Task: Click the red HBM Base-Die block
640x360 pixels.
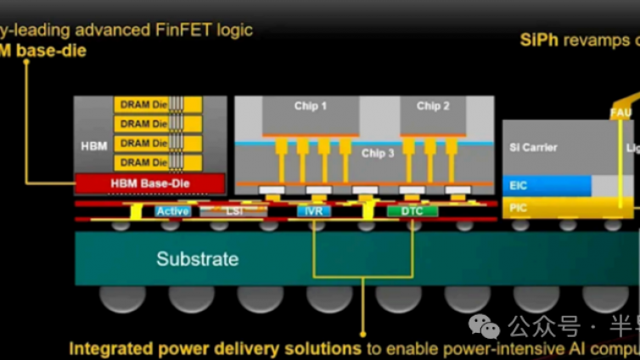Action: tap(149, 183)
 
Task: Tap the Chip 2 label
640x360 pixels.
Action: tap(433, 106)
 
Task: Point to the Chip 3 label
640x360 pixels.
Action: tap(378, 154)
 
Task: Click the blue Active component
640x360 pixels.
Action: tap(173, 211)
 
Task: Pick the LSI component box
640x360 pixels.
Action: tap(234, 211)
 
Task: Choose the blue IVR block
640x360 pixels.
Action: tap(314, 211)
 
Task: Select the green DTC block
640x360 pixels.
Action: tap(412, 211)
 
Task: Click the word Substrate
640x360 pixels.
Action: tap(197, 259)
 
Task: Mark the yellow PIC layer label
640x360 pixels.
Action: tap(519, 206)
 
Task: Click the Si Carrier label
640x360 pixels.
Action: tap(533, 148)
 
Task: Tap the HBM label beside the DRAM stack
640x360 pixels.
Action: tap(94, 145)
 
